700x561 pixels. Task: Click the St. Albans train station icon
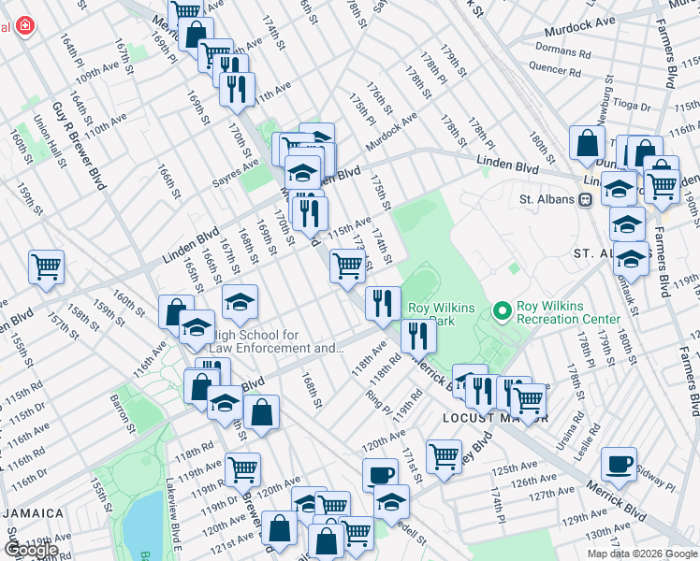586,199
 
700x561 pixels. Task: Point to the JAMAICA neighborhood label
32,513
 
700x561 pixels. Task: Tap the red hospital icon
22,27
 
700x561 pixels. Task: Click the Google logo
30,549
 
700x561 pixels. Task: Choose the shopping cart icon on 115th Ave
347,266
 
